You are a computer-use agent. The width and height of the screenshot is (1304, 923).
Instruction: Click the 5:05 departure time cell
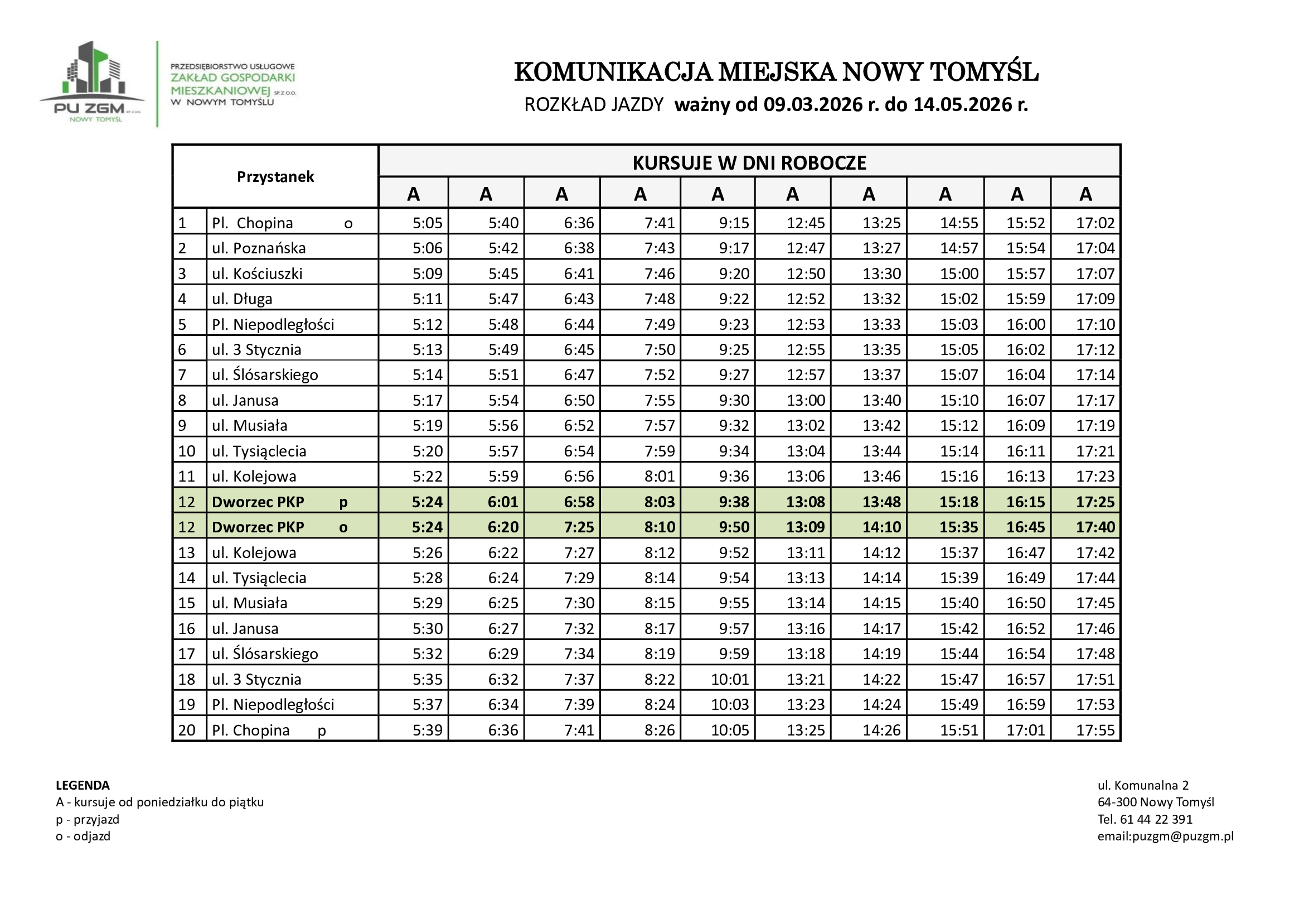pyautogui.click(x=427, y=223)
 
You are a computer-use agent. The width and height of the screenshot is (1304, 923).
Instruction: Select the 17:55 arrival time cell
pyautogui.click(x=1095, y=730)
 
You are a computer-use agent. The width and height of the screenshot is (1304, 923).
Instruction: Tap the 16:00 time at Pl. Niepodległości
pyautogui.click(x=1026, y=325)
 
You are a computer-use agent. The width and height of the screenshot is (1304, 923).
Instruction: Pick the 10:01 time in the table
pyautogui.click(x=730, y=679)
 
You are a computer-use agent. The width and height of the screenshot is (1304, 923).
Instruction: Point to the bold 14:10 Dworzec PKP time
pyautogui.click(x=881, y=527)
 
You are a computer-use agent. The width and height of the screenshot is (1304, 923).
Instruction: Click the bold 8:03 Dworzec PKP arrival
pyautogui.click(x=660, y=502)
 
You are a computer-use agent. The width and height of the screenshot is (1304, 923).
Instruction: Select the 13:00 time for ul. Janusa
pyautogui.click(x=806, y=400)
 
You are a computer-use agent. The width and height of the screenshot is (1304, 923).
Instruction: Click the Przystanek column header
pyautogui.click(x=275, y=177)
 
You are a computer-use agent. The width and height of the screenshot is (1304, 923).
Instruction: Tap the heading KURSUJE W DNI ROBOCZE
pyautogui.click(x=749, y=162)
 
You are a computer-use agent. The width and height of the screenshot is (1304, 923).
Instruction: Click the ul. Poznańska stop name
pyautogui.click(x=259, y=248)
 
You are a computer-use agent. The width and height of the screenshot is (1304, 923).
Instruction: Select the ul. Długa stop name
pyautogui.click(x=242, y=299)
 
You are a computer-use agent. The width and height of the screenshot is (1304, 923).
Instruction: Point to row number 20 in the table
pyautogui.click(x=187, y=730)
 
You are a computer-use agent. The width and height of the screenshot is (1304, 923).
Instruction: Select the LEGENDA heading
pyautogui.click(x=83, y=785)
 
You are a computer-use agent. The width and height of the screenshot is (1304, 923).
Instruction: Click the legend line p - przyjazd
pyautogui.click(x=88, y=819)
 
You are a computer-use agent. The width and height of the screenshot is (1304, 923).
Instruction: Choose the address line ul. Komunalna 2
pyautogui.click(x=1143, y=785)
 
